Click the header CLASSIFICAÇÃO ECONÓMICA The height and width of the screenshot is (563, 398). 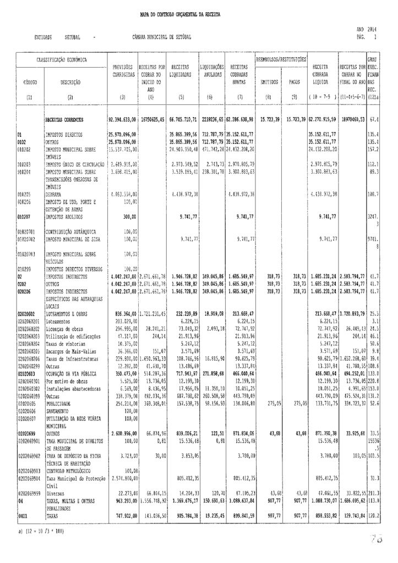pyautogui.click(x=62, y=58)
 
